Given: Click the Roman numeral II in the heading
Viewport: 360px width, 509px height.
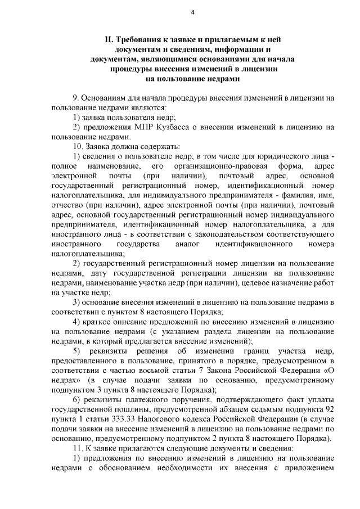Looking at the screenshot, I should pos(109,40).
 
